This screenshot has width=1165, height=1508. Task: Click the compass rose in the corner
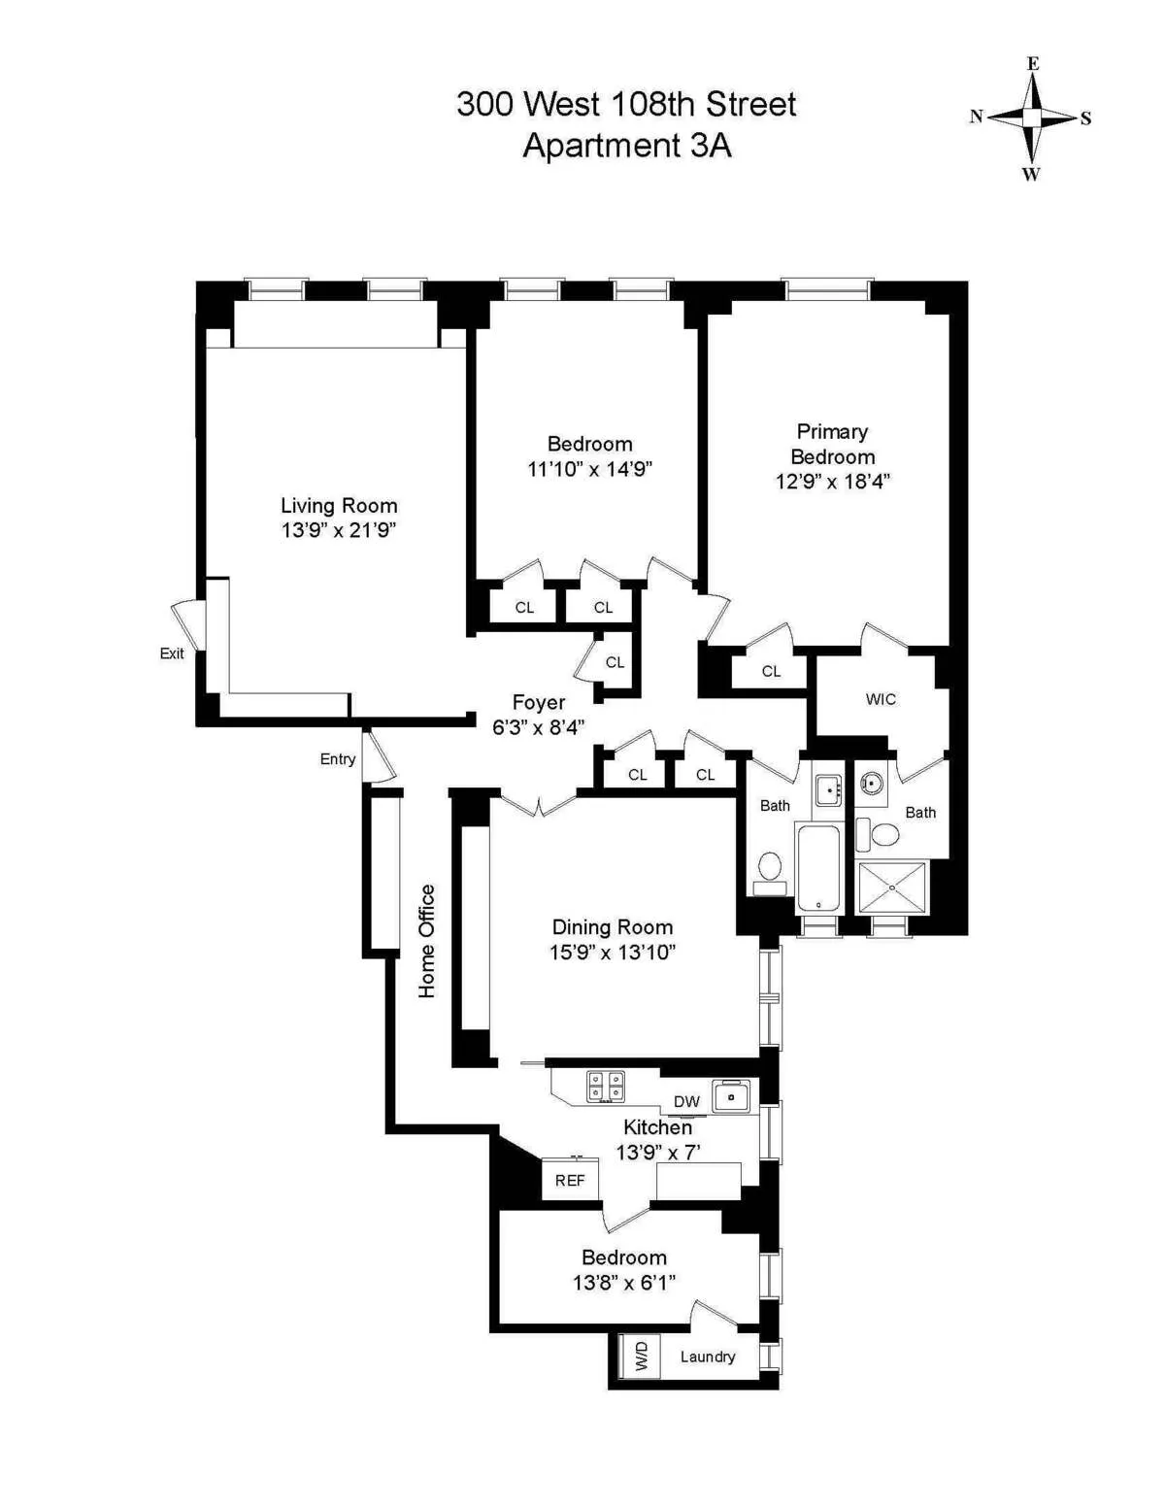click(1031, 118)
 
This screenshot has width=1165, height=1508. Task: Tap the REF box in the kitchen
click(570, 1180)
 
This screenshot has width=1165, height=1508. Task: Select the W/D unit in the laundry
click(641, 1356)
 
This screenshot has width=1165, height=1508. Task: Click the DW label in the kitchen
click(686, 1101)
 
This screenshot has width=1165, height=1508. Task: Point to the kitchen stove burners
click(605, 1087)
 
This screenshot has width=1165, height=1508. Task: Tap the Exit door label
click(172, 653)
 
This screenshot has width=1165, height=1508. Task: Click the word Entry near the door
click(338, 759)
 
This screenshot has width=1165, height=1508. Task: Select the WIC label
click(881, 699)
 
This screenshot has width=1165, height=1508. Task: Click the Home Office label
click(427, 941)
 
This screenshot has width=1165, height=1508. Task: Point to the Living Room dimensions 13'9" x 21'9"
click(339, 530)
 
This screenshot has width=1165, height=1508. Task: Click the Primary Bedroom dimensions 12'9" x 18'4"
click(832, 481)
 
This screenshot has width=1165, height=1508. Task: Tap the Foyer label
click(539, 702)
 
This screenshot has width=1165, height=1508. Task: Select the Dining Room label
click(612, 926)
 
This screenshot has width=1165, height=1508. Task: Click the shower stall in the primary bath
click(892, 887)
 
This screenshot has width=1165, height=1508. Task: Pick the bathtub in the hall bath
click(817, 868)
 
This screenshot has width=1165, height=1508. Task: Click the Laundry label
click(707, 1357)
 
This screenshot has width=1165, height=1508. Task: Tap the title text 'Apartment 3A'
click(626, 146)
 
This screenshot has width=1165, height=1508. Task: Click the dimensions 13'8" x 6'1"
click(623, 1283)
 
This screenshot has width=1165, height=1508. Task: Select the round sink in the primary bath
click(872, 783)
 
